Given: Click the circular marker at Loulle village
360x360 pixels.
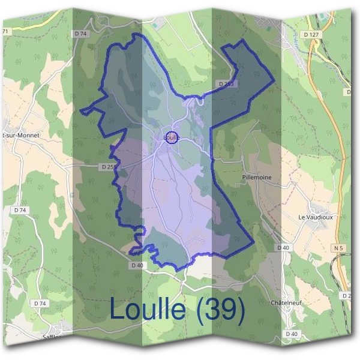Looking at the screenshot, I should [x=172, y=137].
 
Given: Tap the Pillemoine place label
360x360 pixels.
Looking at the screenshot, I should [x=256, y=178].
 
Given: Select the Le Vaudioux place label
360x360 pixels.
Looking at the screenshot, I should [x=315, y=217].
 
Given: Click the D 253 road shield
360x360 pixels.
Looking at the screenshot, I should [x=226, y=84].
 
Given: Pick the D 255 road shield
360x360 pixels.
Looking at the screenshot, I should [x=109, y=166].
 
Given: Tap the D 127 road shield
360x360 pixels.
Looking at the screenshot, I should [x=311, y=35].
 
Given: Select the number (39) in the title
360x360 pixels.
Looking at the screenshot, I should [x=221, y=309].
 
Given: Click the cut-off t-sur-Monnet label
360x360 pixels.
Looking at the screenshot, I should [x=21, y=136].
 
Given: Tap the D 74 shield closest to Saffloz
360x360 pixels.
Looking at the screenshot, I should [x=40, y=304].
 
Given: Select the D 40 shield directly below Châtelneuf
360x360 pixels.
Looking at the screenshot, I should [x=292, y=334].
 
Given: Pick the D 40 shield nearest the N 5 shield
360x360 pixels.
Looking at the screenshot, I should [x=283, y=247].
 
